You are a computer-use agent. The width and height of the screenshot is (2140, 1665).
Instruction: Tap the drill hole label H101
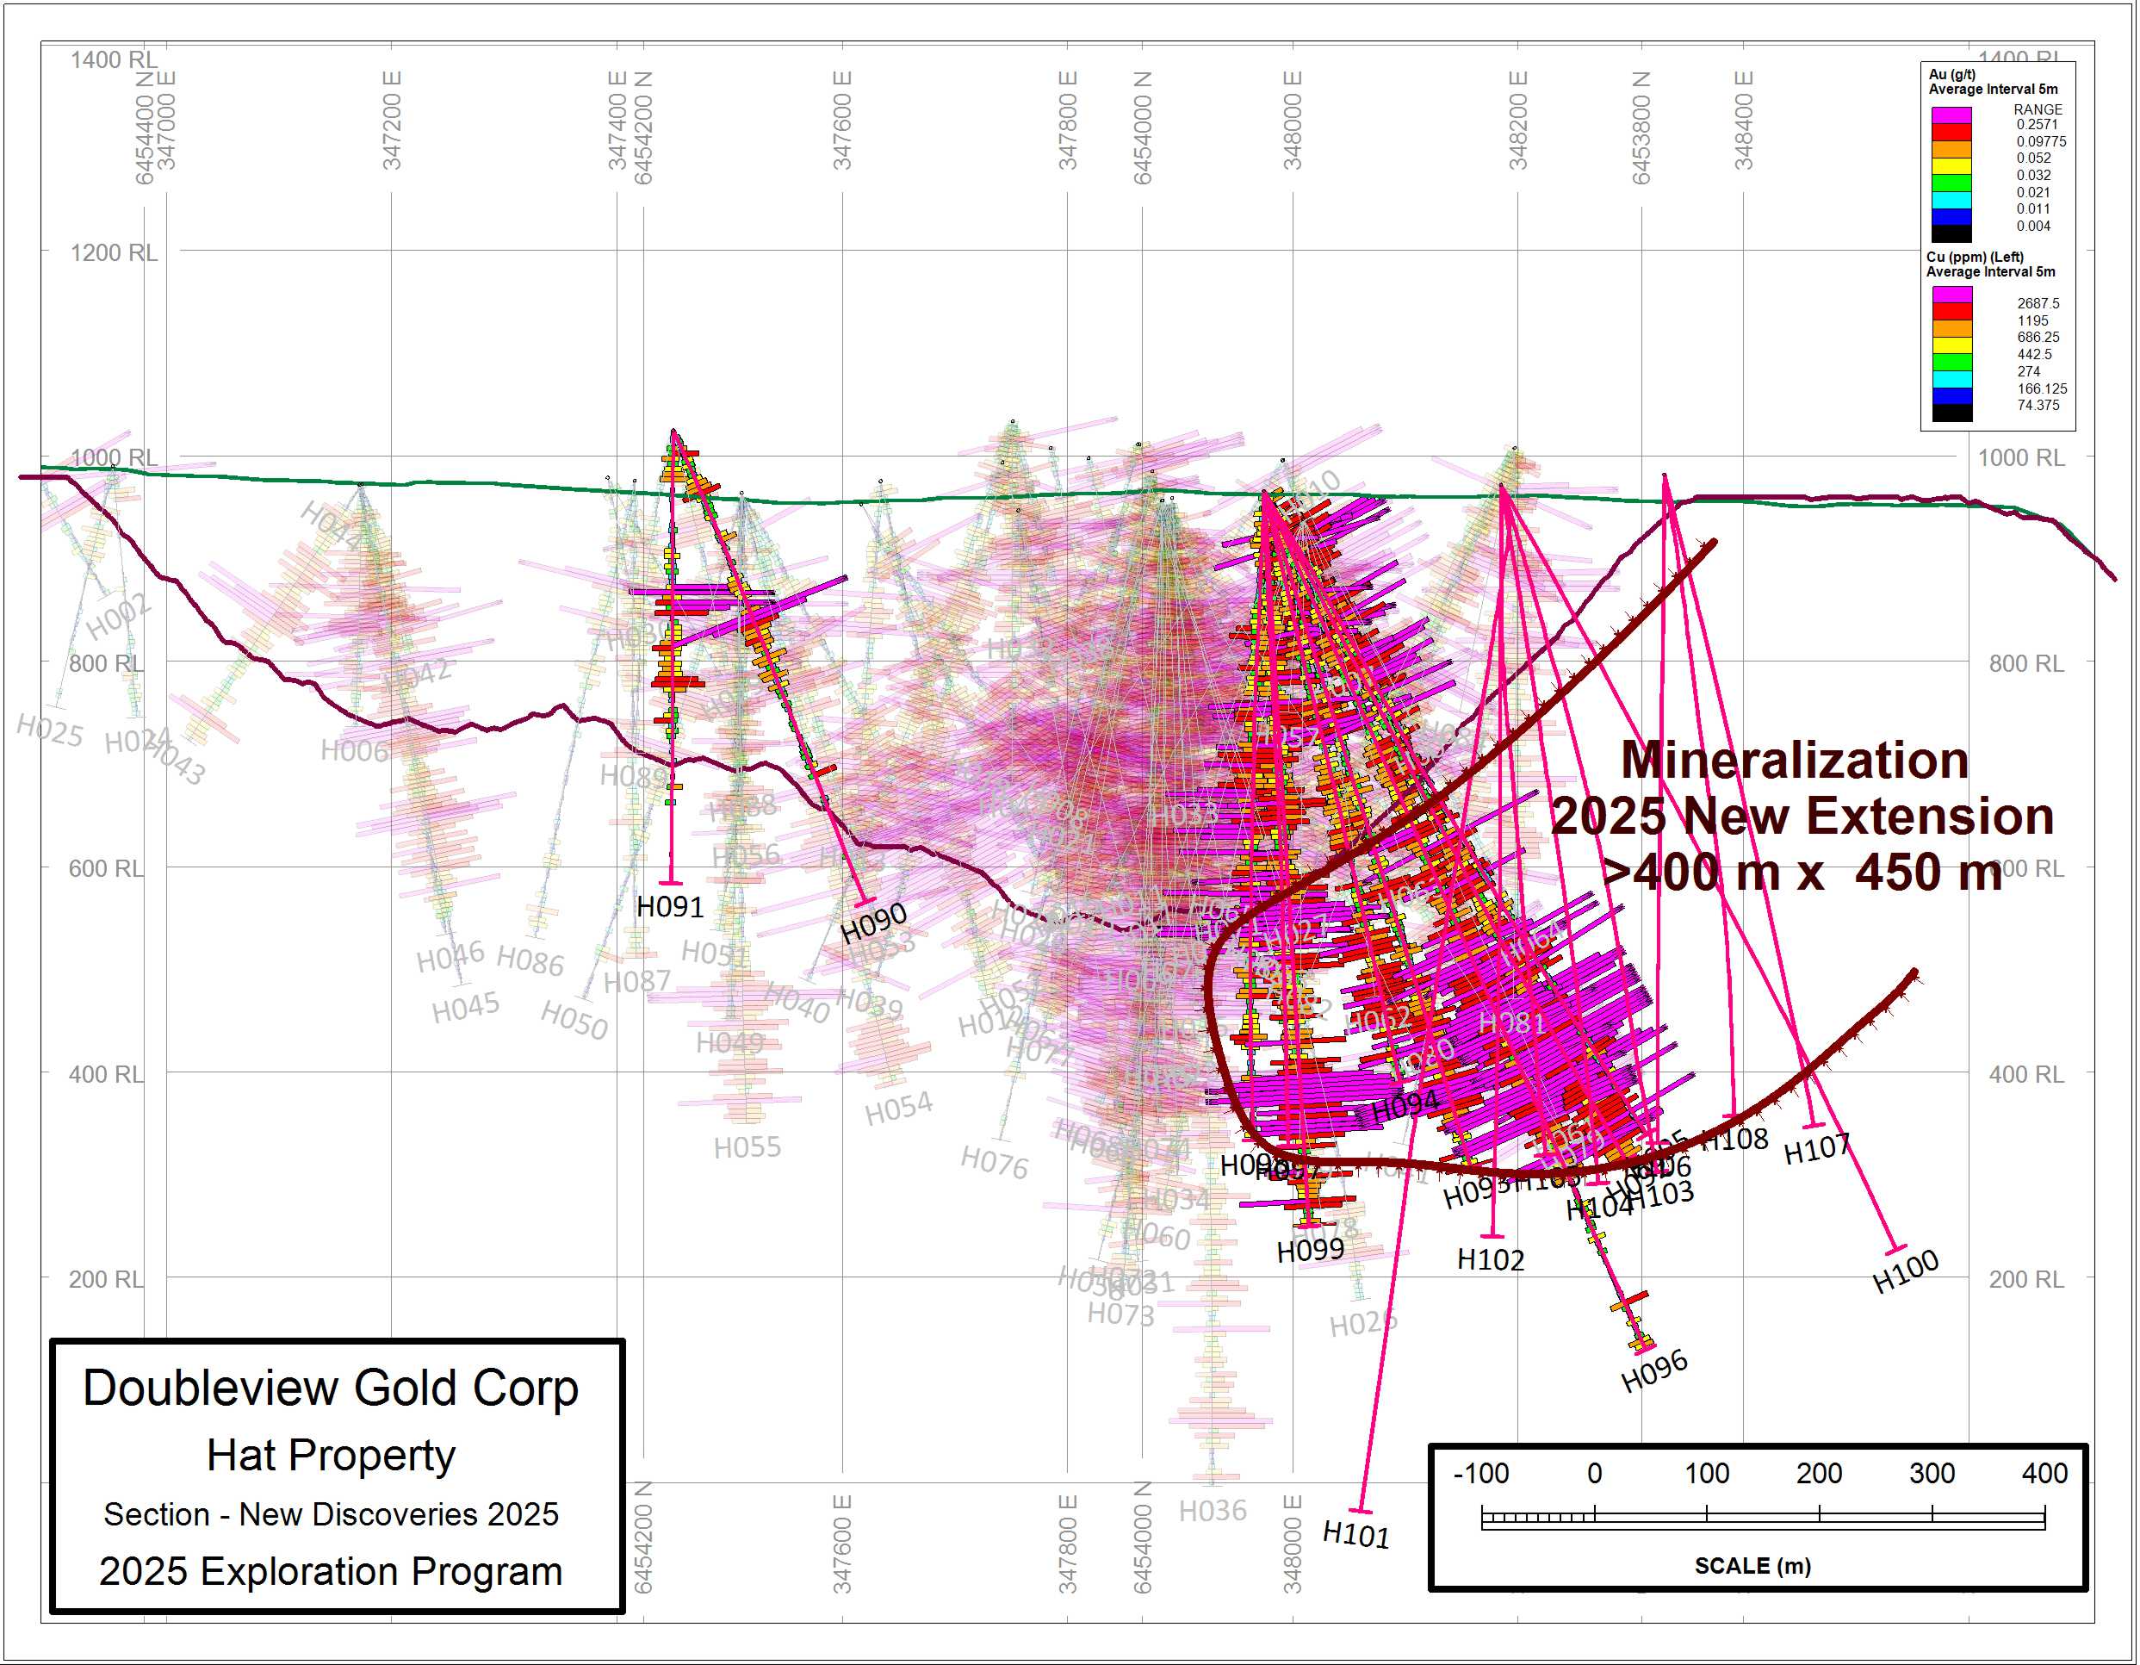point(1356,1534)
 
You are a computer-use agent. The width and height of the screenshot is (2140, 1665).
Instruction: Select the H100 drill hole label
point(1905,1271)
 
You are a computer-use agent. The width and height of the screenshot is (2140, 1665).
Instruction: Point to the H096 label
point(1654,1370)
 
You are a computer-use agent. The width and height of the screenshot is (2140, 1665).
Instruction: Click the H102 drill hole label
point(1491,1260)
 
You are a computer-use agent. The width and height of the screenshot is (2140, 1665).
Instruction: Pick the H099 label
point(1310,1252)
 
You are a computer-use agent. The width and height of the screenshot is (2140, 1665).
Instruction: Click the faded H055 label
point(747,1147)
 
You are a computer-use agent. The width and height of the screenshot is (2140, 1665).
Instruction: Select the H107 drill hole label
point(1817,1148)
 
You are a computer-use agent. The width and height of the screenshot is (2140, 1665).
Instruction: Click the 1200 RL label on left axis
point(113,253)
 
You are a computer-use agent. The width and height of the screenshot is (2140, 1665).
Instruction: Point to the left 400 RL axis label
point(106,1074)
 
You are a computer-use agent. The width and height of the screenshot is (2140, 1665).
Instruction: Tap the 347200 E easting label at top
point(392,121)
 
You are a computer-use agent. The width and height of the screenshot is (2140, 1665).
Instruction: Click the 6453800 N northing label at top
point(1641,127)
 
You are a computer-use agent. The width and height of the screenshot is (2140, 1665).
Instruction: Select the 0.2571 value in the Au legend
point(2038,124)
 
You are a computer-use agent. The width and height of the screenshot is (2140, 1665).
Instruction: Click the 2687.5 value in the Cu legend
point(2038,304)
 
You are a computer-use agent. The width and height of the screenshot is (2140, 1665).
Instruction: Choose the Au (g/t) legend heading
point(1952,74)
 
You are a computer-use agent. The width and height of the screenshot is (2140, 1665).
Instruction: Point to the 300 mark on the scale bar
point(1932,1473)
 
